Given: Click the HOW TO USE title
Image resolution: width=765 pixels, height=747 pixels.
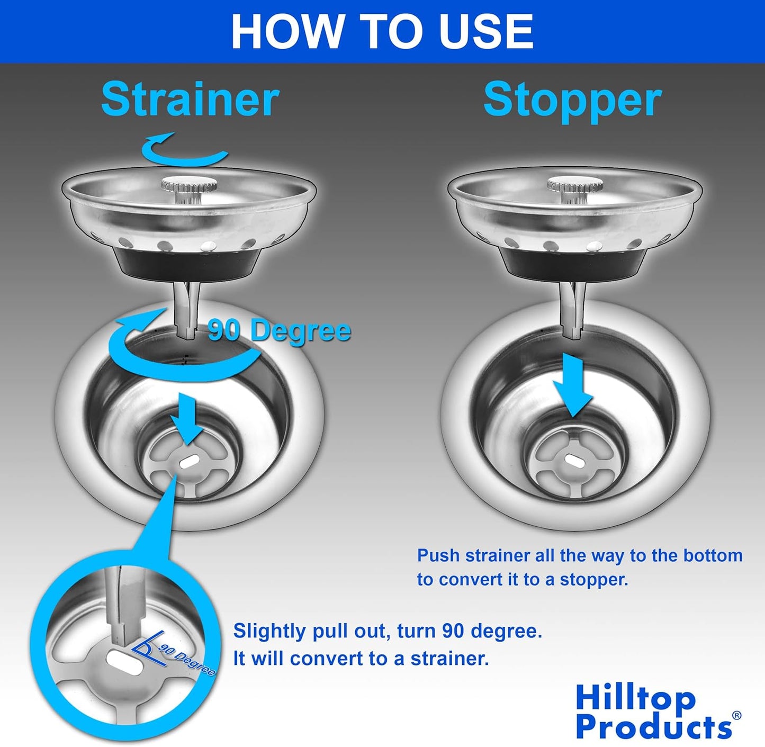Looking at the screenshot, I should click(382, 31).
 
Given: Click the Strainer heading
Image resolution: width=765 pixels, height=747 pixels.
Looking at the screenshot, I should click(190, 99).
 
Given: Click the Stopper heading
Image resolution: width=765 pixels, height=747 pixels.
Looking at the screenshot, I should click(572, 100).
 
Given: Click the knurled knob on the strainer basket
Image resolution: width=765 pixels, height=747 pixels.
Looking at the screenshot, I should click(189, 186).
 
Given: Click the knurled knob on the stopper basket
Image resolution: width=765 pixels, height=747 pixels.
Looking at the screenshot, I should click(575, 186).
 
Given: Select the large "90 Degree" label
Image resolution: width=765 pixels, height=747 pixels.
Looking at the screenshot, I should click(279, 331).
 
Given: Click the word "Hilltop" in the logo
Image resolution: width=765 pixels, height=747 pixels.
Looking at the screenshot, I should click(635, 698).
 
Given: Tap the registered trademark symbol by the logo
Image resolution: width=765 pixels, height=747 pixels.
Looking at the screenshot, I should click(736, 716).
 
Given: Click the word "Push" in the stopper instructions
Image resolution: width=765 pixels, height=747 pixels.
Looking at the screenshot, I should click(436, 555).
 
